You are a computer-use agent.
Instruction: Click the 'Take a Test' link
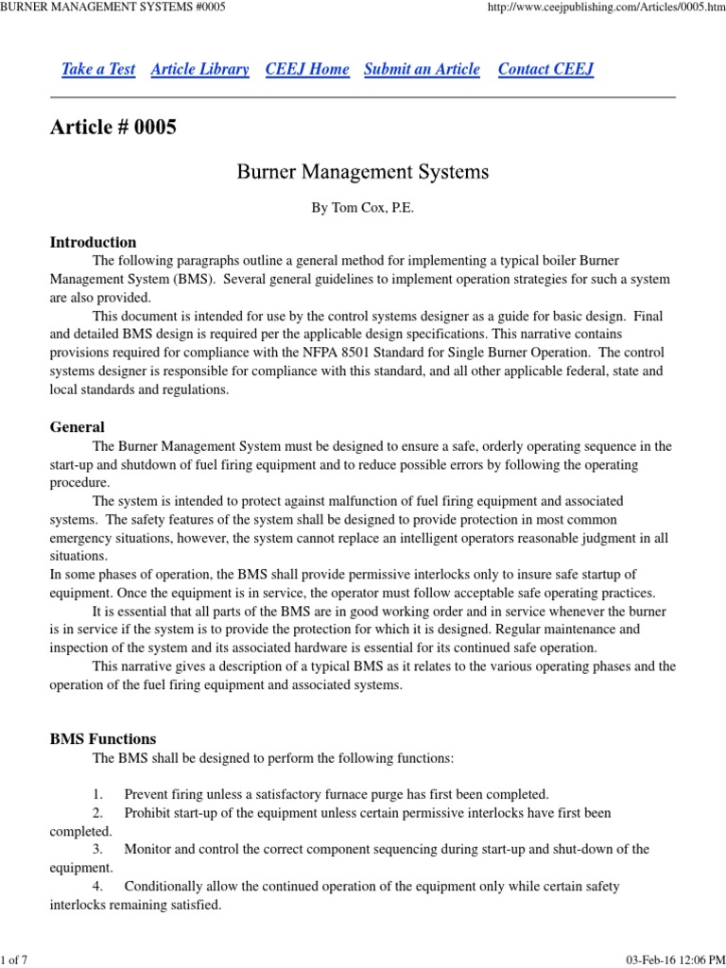(98, 69)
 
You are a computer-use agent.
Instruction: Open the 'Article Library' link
(199, 69)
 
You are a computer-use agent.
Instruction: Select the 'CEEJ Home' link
(307, 69)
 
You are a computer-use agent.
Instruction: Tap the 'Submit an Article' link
(422, 69)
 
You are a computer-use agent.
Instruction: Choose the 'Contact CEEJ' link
(545, 69)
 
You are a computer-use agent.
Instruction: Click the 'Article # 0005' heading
(113, 128)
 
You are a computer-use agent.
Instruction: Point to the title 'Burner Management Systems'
(362, 172)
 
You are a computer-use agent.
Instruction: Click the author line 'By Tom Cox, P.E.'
(363, 208)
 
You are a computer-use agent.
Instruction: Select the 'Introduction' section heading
(93, 242)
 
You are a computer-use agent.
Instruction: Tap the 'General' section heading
(77, 427)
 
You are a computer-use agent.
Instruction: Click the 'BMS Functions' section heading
(103, 739)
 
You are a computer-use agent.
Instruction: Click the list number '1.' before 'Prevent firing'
(97, 794)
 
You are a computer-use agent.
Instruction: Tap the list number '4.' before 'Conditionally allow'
(97, 887)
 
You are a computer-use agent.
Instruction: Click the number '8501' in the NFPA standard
(438, 354)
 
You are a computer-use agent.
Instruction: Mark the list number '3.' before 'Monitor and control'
(97, 850)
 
